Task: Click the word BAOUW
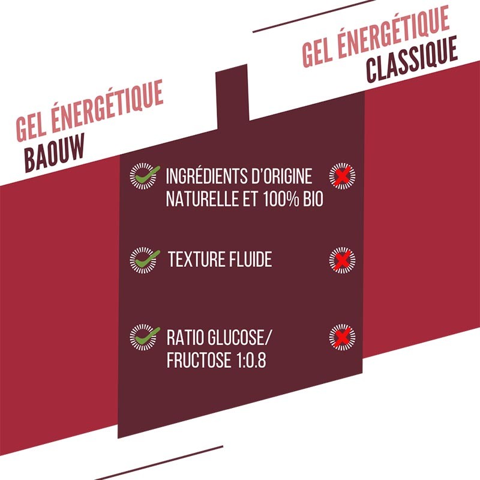[x=54, y=153]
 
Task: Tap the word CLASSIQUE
[x=412, y=59]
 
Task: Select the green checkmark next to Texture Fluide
[x=148, y=259]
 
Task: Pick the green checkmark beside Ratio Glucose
[x=148, y=336]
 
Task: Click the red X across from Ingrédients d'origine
[x=342, y=176]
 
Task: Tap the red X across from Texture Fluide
[x=342, y=260]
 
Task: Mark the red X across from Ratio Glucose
[x=342, y=337]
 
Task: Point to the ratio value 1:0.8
[x=251, y=359]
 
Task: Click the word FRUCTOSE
[x=199, y=359]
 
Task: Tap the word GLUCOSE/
[x=239, y=337]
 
